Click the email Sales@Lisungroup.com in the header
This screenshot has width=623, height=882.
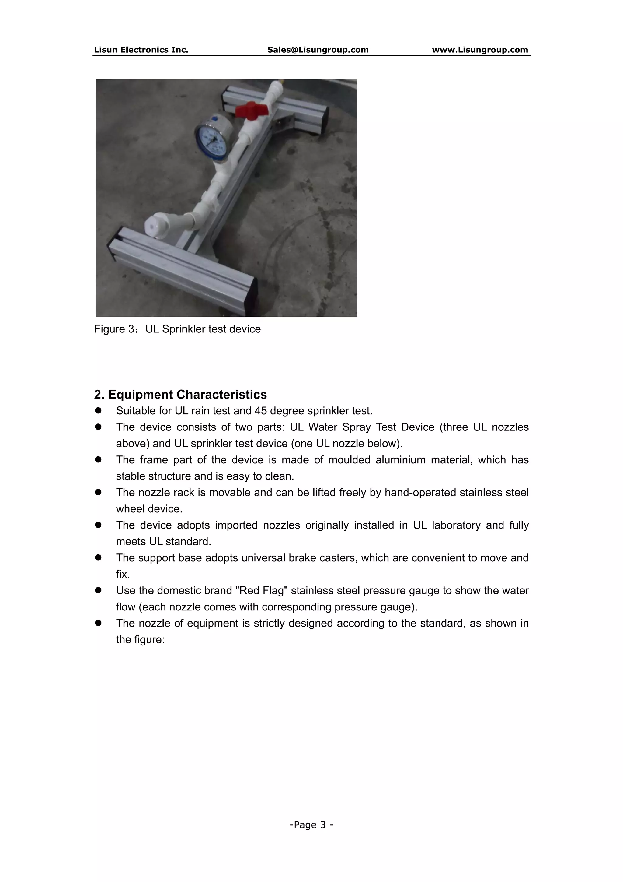pos(318,50)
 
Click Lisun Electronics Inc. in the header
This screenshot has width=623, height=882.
pos(141,50)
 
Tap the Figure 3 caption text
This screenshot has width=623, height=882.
pos(177,329)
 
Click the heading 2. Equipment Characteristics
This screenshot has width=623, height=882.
pos(180,395)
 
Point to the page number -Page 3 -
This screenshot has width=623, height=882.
pos(311,825)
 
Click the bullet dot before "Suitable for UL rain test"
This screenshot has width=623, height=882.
pos(98,411)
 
